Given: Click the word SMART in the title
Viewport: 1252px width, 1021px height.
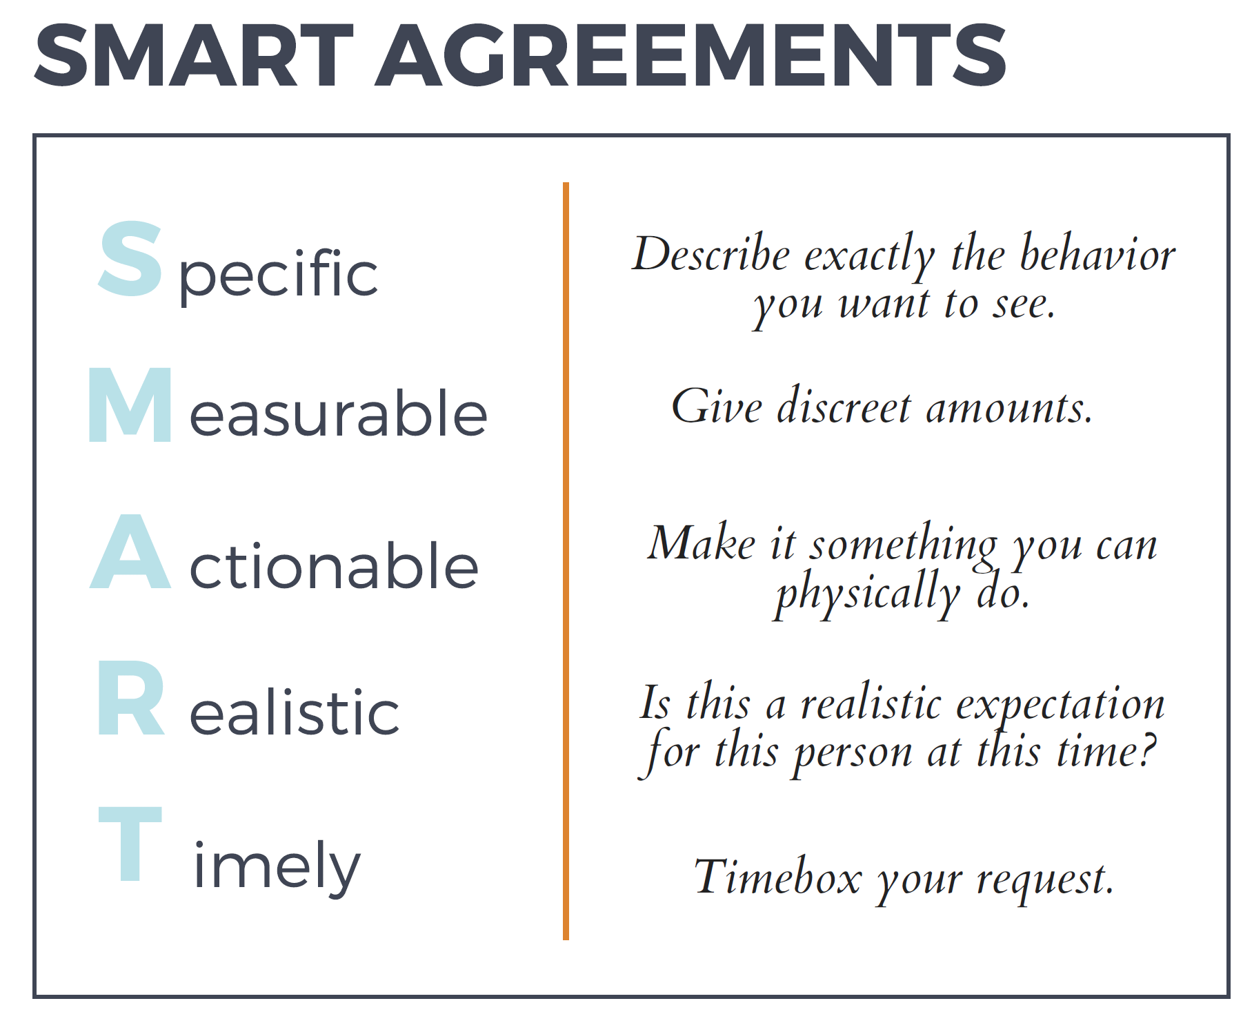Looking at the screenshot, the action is point(194,55).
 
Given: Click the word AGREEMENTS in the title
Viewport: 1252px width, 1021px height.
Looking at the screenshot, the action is point(690,55).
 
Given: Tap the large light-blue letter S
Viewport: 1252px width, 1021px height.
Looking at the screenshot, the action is point(130,259).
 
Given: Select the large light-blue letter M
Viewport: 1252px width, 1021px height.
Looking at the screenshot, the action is point(130,405).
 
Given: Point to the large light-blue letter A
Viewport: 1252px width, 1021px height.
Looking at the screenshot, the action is point(130,551).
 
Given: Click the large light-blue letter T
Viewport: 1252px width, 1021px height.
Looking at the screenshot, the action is point(130,844).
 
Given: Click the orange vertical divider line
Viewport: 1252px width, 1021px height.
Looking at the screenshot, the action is point(566,561).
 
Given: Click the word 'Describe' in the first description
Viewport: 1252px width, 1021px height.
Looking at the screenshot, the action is point(711,253).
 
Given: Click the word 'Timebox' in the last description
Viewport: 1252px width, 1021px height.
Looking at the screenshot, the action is point(778,877).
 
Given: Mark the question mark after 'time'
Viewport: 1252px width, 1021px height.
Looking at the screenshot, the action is point(1146,751).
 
